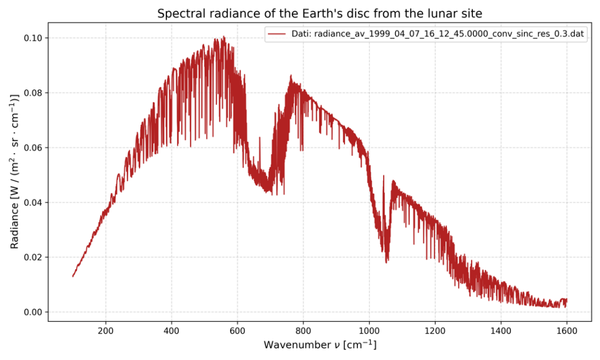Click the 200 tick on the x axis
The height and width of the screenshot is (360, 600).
106,330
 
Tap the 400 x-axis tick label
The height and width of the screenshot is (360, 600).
172,330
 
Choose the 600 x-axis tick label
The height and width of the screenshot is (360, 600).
237,330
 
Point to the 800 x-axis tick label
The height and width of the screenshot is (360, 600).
303,330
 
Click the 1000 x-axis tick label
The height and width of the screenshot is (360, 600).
369,330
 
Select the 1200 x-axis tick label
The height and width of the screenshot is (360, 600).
435,330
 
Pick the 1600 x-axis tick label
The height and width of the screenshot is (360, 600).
566,330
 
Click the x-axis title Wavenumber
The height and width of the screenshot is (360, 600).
320,345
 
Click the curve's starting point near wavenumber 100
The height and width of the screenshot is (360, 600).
73,276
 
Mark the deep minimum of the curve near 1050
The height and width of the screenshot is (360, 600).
387,261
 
